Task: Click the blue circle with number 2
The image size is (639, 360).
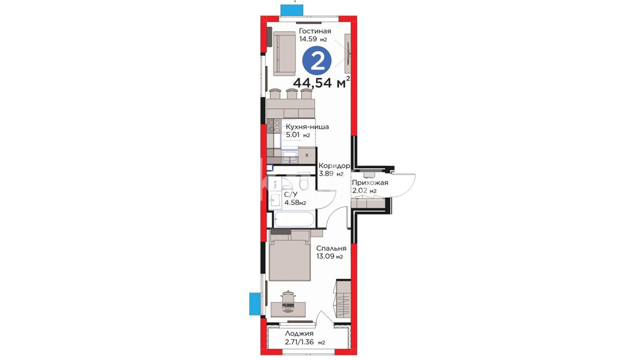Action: coord(317,61)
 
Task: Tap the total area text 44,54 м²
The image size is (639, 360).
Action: coord(321,82)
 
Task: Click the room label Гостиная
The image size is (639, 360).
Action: coord(315,31)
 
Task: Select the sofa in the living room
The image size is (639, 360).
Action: coord(284,53)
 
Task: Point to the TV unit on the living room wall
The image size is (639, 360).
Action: coord(348,53)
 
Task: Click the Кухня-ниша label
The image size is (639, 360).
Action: coord(308,127)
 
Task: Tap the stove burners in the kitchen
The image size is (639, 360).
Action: coord(274,126)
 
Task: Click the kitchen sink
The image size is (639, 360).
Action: coord(290,156)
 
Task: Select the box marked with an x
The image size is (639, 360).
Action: coord(307,155)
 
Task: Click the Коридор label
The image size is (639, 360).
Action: coord(334,166)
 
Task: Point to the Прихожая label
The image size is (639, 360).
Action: coord(370,183)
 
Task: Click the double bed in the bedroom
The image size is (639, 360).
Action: coord(290,255)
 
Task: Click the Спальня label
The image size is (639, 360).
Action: coord(331,248)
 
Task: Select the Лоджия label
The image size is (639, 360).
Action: coord(299,334)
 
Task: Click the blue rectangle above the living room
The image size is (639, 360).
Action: coord(292,10)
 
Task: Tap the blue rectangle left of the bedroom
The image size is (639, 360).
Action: coord(255,304)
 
